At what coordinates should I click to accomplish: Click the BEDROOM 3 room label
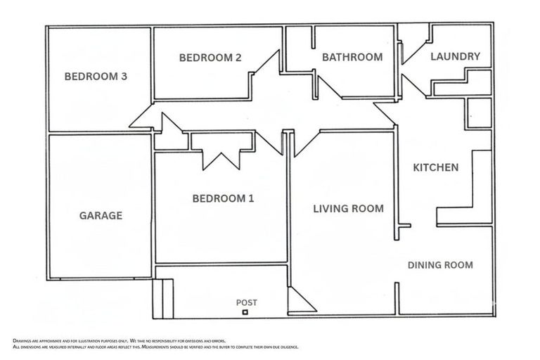pyautogui.click(x=96, y=77)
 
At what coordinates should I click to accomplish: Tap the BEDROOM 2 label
pyautogui.click(x=210, y=58)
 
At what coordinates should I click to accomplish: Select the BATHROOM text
pyautogui.click(x=352, y=57)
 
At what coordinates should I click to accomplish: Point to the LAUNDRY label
pyautogui.click(x=455, y=56)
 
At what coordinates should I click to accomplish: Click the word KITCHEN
pyautogui.click(x=435, y=167)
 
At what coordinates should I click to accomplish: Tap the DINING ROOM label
pyautogui.click(x=440, y=265)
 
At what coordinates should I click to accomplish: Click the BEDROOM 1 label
pyautogui.click(x=223, y=199)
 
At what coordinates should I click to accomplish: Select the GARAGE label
pyautogui.click(x=101, y=216)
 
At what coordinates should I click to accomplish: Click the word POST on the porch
pyautogui.click(x=246, y=302)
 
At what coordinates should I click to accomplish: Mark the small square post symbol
pyautogui.click(x=245, y=311)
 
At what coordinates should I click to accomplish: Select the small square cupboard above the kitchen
pyautogui.click(x=478, y=113)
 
